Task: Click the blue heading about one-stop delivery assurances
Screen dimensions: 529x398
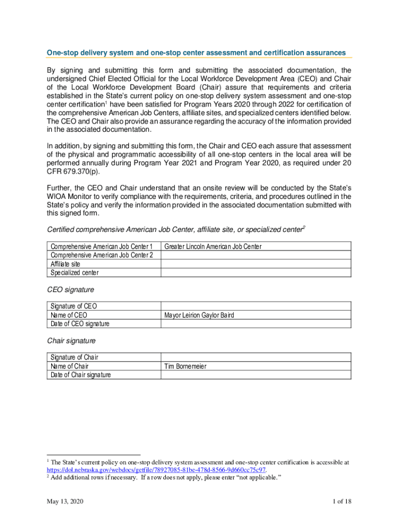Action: [x=196, y=53]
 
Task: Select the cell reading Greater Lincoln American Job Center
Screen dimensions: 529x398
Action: [x=212, y=246]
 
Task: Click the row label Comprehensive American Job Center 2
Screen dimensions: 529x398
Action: [x=102, y=255]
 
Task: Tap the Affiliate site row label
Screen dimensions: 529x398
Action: [x=65, y=264]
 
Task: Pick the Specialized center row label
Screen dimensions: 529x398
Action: [x=74, y=273]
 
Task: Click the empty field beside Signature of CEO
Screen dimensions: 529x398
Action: [x=256, y=306]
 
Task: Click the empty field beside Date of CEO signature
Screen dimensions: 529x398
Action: [x=256, y=323]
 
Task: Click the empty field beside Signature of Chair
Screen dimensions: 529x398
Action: [x=256, y=357]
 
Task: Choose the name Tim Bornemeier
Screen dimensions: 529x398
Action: [x=185, y=366]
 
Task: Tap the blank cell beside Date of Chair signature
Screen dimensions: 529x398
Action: [x=256, y=375]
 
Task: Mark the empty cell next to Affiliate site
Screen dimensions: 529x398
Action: [x=256, y=264]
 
